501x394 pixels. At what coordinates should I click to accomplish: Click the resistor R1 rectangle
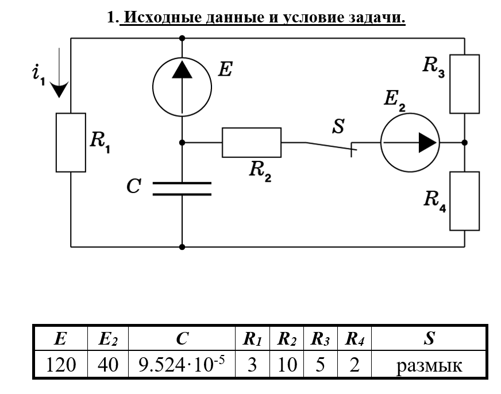pos(71,142)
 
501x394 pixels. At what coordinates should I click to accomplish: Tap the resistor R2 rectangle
pos(252,142)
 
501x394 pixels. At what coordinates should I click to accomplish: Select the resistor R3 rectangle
pos(464,84)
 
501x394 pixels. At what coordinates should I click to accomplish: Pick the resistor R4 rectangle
pos(464,200)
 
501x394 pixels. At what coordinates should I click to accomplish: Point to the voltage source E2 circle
pos(409,142)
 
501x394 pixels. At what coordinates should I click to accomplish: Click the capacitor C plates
pos(182,189)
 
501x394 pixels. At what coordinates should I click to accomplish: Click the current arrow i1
pos(59,86)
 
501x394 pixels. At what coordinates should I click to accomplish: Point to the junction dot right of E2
pos(464,142)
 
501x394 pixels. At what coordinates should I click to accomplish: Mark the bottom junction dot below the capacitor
pos(182,247)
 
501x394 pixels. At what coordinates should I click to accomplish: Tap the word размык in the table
pos(429,365)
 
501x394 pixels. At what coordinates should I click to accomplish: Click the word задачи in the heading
pos(376,18)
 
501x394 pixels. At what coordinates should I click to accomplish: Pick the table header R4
pos(354,340)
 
